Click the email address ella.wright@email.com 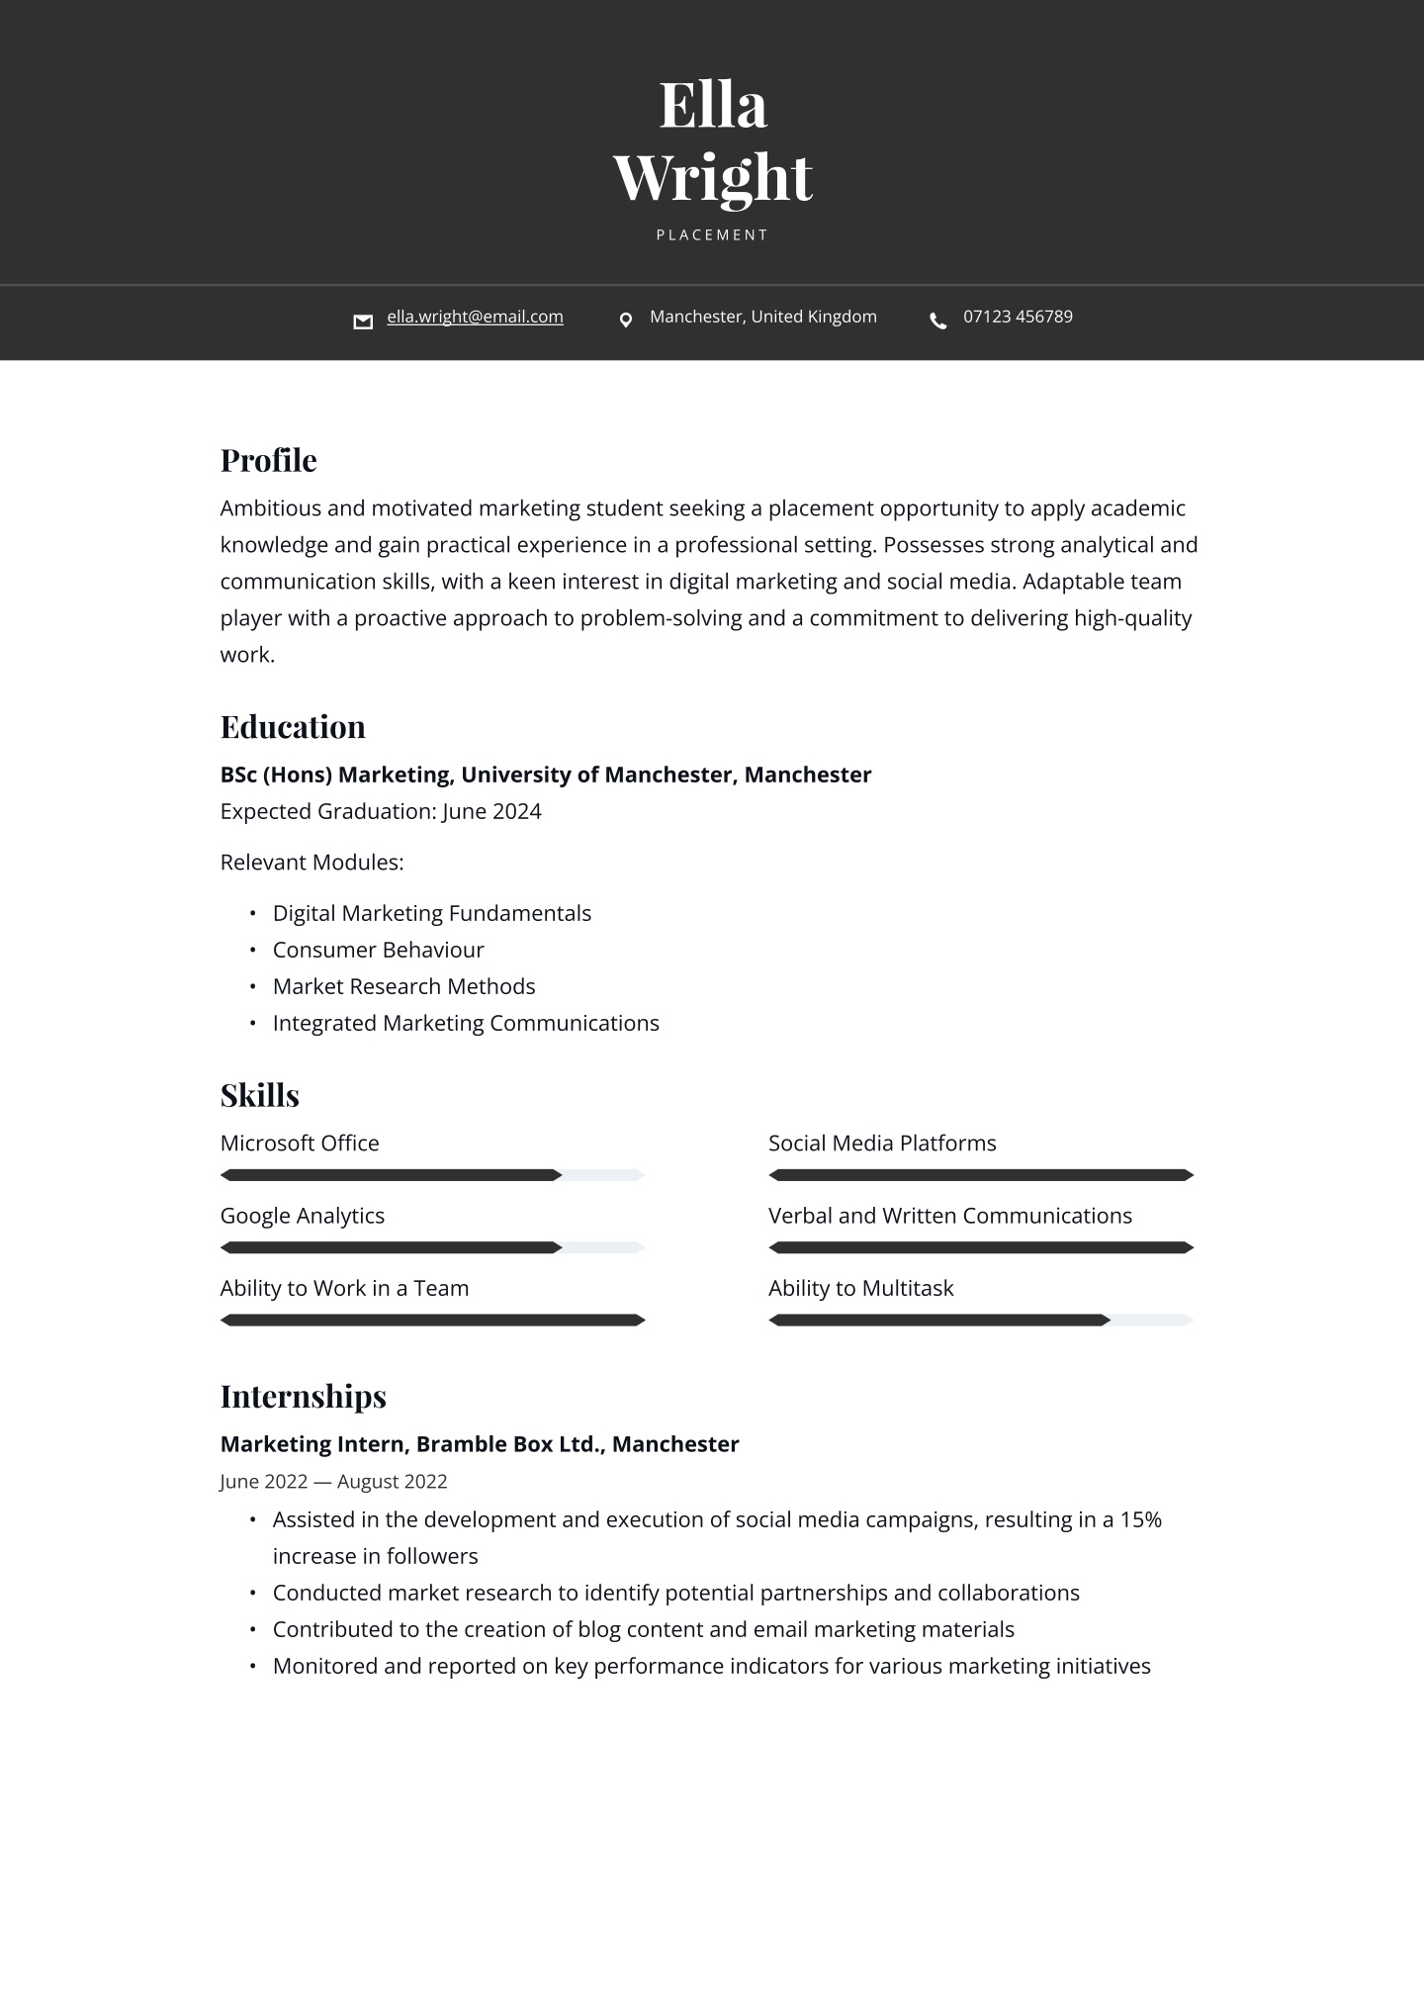point(475,317)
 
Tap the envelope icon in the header point(363,320)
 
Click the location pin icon point(625,320)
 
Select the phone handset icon point(938,320)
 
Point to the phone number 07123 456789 point(1018,317)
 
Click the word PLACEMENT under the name point(712,235)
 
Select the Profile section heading point(268,460)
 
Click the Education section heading point(293,727)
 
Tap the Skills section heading point(259,1095)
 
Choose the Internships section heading point(303,1396)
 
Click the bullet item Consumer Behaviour point(378,950)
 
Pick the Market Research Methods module point(403,986)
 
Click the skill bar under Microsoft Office point(432,1175)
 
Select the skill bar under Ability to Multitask point(981,1320)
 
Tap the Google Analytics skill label point(302,1216)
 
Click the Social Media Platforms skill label point(882,1144)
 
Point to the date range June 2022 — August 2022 point(333,1482)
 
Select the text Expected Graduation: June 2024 point(381,811)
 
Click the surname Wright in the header point(712,178)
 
